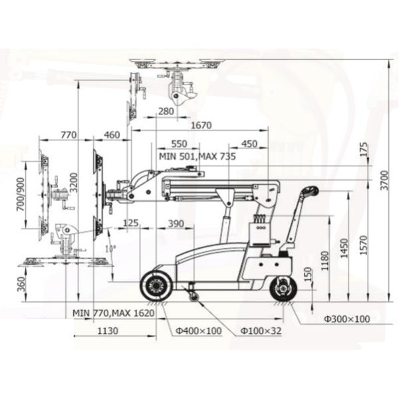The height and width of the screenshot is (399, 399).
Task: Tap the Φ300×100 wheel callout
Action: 346,319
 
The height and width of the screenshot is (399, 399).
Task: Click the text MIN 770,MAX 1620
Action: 114,312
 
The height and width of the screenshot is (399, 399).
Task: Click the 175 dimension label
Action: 362,150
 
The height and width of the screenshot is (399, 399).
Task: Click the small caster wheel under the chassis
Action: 193,296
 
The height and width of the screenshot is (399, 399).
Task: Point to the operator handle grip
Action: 309,192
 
